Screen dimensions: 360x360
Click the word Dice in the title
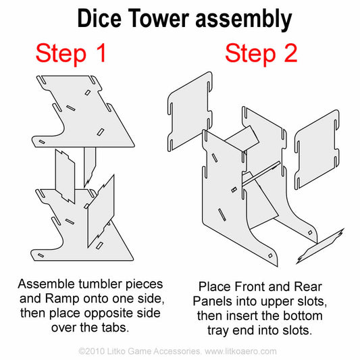click(99, 18)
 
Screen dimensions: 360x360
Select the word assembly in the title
click(244, 20)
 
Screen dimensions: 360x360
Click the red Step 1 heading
click(71, 53)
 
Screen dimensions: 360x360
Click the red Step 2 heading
click(261, 53)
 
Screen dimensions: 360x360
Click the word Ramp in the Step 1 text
click(61, 299)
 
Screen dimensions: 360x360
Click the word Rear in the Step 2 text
click(308, 287)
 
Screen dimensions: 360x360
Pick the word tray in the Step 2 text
click(218, 331)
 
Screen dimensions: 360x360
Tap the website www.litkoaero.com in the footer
click(240, 351)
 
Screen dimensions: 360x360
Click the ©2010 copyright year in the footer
click(91, 351)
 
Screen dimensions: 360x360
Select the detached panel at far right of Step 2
click(317, 150)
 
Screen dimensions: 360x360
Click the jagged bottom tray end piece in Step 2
click(320, 246)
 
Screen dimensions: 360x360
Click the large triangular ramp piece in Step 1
click(101, 212)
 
